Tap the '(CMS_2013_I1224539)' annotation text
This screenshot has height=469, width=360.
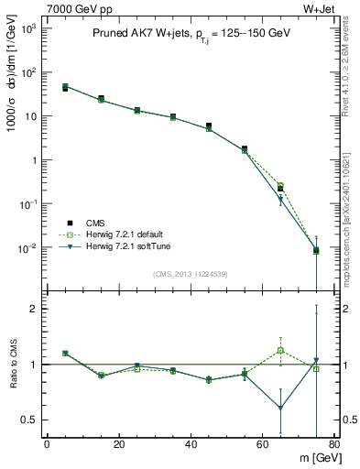[x=191, y=273]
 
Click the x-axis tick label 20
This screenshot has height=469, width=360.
[x=118, y=446]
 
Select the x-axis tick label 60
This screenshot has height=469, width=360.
[x=262, y=446]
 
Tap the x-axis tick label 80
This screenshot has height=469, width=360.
[x=333, y=446]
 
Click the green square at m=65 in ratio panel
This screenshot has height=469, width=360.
[x=280, y=350]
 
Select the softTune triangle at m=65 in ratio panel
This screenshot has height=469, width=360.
[x=280, y=408]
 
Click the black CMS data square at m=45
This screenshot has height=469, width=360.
[x=209, y=125]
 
